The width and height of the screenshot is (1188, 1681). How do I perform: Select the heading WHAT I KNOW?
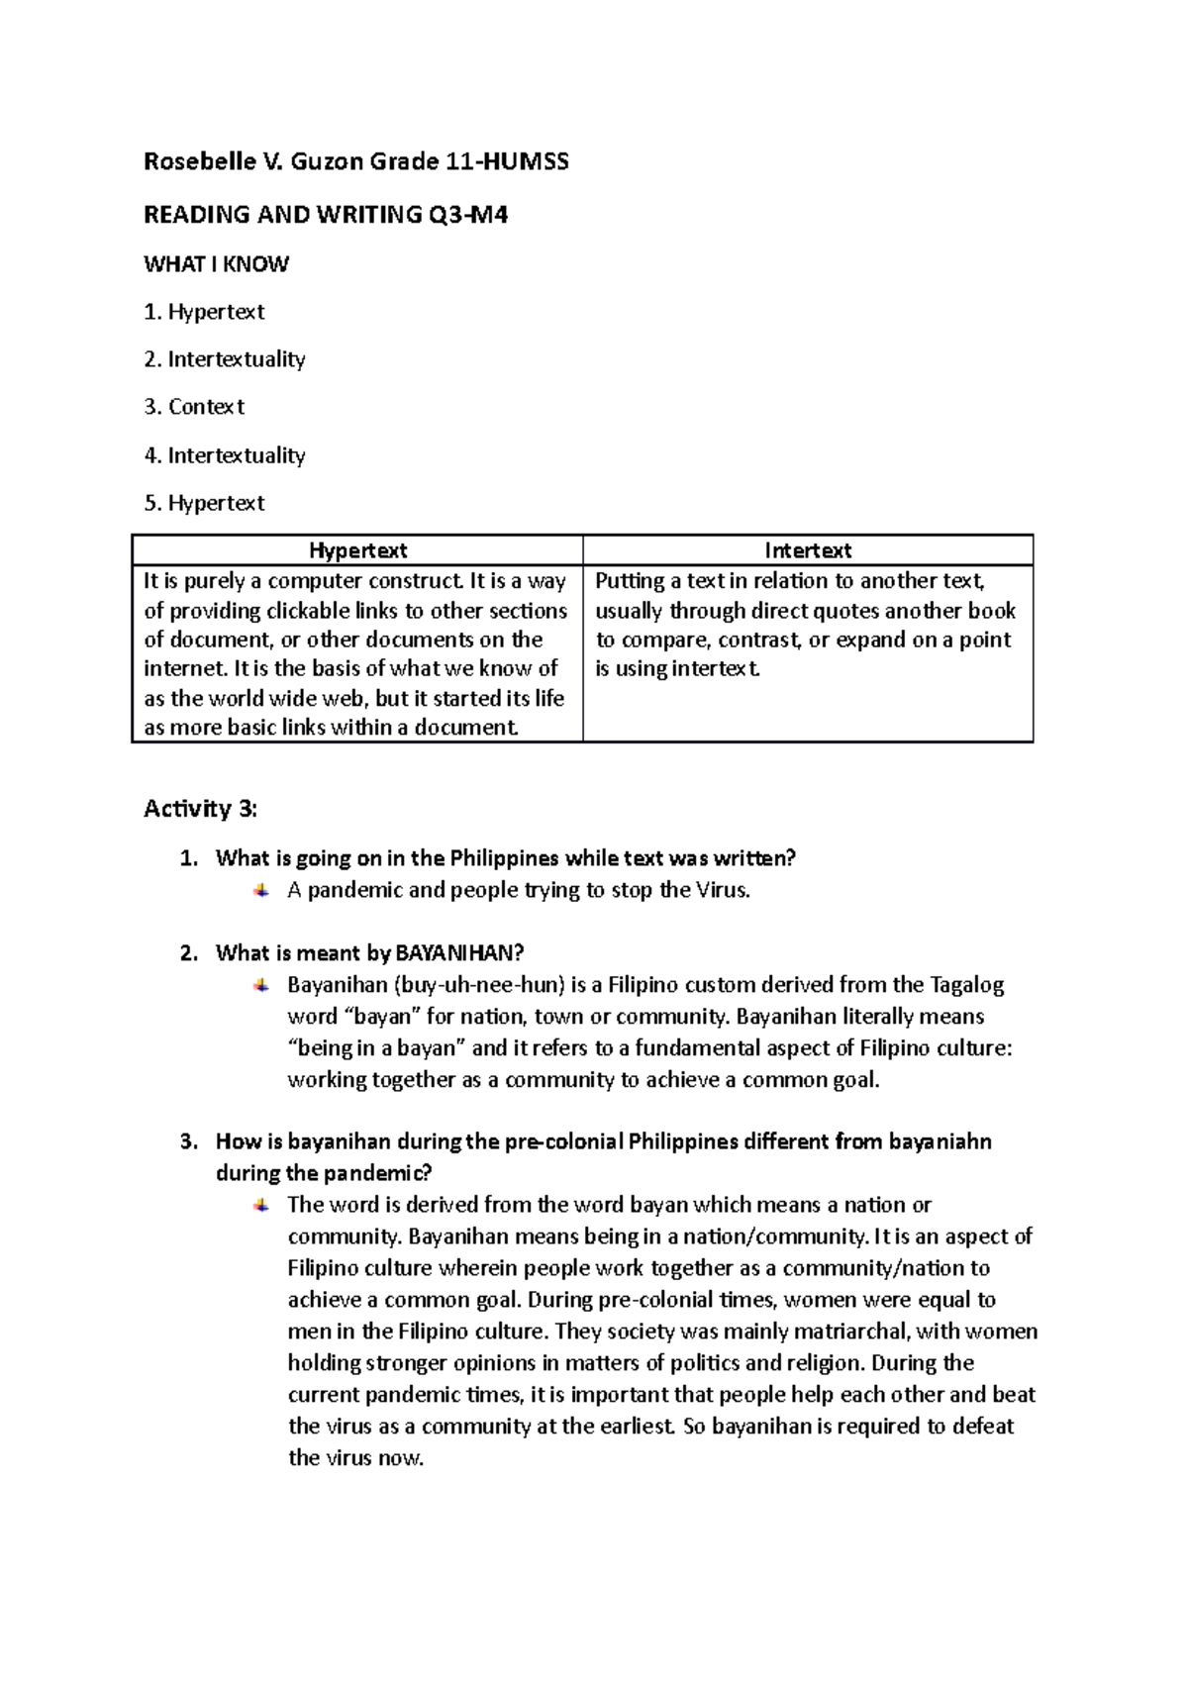(216, 264)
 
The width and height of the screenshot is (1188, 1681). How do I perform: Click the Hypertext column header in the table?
(357, 550)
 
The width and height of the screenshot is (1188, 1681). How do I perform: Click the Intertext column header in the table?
(808, 550)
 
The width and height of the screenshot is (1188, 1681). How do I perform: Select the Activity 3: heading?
(200, 809)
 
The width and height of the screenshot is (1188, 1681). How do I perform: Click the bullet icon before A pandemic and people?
(261, 890)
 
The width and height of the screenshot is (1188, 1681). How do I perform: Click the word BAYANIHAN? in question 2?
(458, 953)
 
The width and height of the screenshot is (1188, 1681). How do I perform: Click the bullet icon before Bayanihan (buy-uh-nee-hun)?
(261, 985)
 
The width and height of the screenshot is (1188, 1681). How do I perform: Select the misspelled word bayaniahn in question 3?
(940, 1141)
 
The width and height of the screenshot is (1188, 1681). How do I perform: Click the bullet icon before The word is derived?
(261, 1205)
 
